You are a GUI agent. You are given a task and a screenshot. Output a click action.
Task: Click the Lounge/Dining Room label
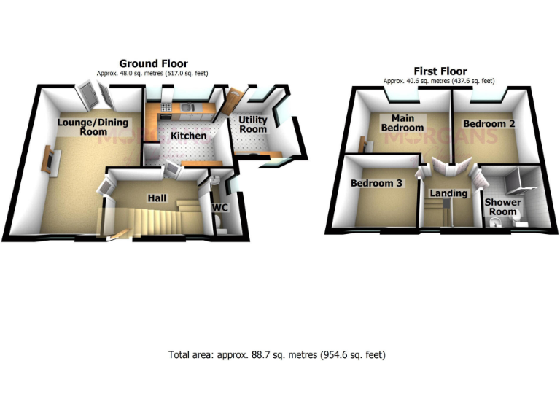[82, 127]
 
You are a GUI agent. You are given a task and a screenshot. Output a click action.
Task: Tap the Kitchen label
[188, 136]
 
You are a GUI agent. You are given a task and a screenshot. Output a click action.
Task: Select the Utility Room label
[254, 125]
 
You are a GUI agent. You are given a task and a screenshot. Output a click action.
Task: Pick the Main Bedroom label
[402, 122]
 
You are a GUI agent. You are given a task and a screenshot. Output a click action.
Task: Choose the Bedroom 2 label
[489, 124]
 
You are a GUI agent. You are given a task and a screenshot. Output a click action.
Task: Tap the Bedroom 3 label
[376, 184]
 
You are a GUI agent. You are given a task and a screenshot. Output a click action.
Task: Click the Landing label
[448, 193]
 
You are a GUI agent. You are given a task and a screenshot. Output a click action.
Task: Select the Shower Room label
[503, 207]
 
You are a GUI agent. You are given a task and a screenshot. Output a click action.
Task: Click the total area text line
[277, 355]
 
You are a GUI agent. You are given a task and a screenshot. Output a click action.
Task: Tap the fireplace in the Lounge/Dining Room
[47, 160]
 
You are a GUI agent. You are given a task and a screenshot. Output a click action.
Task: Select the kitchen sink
[188, 109]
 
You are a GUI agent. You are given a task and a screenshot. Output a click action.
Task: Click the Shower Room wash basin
[497, 225]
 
